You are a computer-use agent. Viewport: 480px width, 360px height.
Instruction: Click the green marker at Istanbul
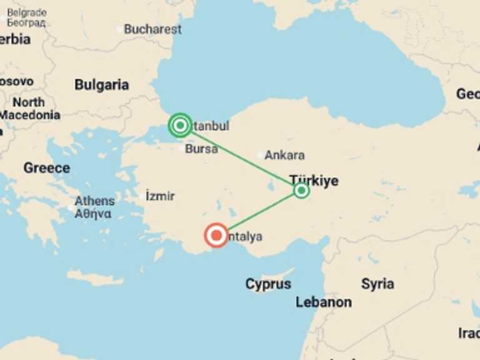coord(180,126)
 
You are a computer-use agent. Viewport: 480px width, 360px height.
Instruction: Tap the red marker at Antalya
coord(217,236)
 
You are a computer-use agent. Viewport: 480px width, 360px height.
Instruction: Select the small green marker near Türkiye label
coord(301,190)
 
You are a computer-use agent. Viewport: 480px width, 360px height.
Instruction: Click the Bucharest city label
coord(152,29)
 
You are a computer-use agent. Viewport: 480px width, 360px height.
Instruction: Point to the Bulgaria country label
coord(102,85)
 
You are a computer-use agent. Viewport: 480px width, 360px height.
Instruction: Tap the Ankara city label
coord(285,155)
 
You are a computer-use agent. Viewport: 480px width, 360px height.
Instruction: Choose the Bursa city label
coord(201,149)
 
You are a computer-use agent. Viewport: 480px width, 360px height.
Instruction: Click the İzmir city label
coord(160,196)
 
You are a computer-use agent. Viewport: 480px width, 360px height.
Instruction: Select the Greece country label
coord(47,168)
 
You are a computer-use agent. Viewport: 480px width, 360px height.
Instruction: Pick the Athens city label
coord(94,201)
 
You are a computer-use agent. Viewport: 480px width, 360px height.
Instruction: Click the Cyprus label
coord(268,284)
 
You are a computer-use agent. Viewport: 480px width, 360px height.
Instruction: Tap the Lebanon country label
coord(324,302)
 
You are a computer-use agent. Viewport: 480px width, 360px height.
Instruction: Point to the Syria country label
coord(377,284)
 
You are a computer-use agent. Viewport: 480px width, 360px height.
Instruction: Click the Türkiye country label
coord(314,181)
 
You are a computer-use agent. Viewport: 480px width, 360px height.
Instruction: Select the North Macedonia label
coord(29,109)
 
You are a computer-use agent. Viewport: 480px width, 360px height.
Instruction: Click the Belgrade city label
coord(27,13)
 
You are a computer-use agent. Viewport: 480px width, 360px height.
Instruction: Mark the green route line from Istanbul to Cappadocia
coord(241,158)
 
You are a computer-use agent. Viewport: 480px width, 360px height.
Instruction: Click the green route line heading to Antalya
coord(259,213)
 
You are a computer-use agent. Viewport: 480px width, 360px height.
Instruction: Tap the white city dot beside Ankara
coord(261,155)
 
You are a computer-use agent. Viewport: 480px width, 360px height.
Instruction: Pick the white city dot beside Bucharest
coord(119,29)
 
